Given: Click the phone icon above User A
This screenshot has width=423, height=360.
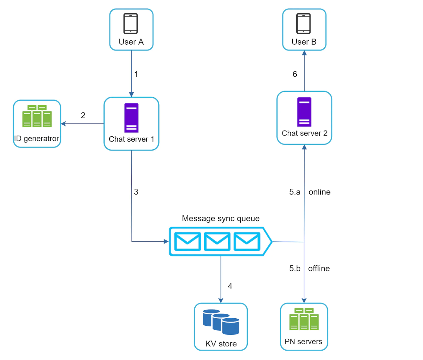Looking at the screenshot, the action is pos(130,24).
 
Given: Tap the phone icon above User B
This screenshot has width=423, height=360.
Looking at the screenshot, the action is pos(304,24).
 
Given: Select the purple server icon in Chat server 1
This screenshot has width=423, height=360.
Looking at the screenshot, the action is pos(131,118).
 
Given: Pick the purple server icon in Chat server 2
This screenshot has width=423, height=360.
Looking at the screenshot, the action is pos(304,112).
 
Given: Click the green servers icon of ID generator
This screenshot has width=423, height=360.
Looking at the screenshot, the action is pos(37,116).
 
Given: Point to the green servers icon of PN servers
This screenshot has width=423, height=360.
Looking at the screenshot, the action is pos(304,319).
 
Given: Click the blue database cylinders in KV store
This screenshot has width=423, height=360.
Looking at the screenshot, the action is pos(221,322).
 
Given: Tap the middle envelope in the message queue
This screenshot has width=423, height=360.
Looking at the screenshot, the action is pos(217,241).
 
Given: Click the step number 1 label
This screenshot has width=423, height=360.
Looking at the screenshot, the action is pos(136,74).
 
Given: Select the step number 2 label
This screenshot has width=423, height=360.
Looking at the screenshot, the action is pos(83,115).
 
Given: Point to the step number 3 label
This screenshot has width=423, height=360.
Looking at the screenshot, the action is pos(136,192).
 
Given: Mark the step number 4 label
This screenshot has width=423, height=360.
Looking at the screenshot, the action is pos(230,286).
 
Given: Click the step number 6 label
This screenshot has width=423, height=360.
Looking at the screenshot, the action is pos(295,74).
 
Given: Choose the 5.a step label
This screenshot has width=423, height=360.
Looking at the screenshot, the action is pos(295,192).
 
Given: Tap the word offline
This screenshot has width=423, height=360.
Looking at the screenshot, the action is pos(319,269).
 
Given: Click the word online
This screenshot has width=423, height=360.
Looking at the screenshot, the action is pos(320,192).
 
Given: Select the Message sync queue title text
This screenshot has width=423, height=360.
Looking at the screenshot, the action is pos(221,218).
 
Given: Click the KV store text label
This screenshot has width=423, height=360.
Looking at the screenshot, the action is pos(221,344).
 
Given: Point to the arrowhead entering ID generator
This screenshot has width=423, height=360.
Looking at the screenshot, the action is pos(63,124).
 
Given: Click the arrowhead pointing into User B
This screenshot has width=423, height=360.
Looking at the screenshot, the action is pos(304,53).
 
